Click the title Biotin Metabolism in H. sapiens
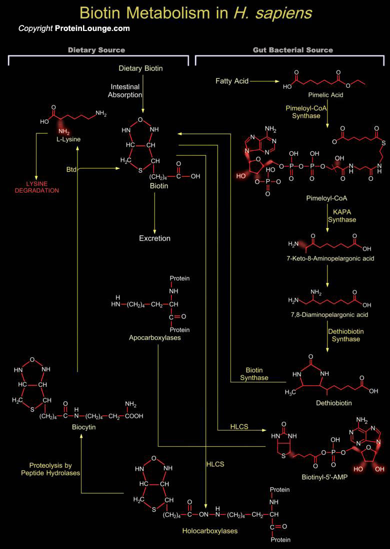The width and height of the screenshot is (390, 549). point(195,12)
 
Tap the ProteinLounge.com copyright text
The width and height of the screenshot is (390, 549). point(74,28)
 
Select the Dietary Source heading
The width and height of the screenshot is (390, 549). point(96,50)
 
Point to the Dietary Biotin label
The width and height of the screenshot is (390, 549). point(140,68)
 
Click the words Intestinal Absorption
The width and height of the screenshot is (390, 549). point(125,90)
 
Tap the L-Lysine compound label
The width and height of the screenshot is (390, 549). point(68,139)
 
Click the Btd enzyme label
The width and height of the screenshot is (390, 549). point(71,170)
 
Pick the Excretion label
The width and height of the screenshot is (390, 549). point(154,238)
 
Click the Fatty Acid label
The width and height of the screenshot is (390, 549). point(232,81)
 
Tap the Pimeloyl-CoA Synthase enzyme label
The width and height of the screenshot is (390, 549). point(302,111)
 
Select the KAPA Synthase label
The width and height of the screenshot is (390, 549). point(342,216)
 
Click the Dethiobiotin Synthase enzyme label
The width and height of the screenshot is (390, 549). point(345,335)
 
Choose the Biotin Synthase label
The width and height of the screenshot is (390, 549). point(254,374)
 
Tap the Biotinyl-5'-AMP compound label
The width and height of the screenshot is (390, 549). point(324,477)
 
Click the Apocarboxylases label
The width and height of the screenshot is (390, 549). point(154,338)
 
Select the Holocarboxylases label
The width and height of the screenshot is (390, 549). point(209,531)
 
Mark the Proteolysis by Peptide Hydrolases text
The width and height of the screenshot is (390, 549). point(50,469)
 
